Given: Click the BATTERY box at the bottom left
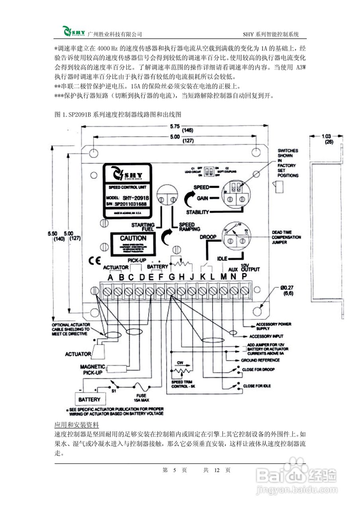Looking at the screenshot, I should pyautogui.click(x=89, y=399).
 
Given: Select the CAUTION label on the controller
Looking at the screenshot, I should pyautogui.click(x=133, y=238).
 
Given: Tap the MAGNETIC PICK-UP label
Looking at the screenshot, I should pyautogui.click(x=93, y=369).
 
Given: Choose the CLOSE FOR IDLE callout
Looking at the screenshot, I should pyautogui.click(x=256, y=386).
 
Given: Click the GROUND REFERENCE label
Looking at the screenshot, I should pyautogui.click(x=260, y=360).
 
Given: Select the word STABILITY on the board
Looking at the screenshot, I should pyautogui.click(x=198, y=212).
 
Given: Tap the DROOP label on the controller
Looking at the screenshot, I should pyautogui.click(x=208, y=237).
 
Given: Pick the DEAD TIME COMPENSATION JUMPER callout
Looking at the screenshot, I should pyautogui.click(x=286, y=237).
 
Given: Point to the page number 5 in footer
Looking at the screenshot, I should pyautogui.click(x=174, y=470).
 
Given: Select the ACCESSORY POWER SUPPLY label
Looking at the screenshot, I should pyautogui.click(x=274, y=326).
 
